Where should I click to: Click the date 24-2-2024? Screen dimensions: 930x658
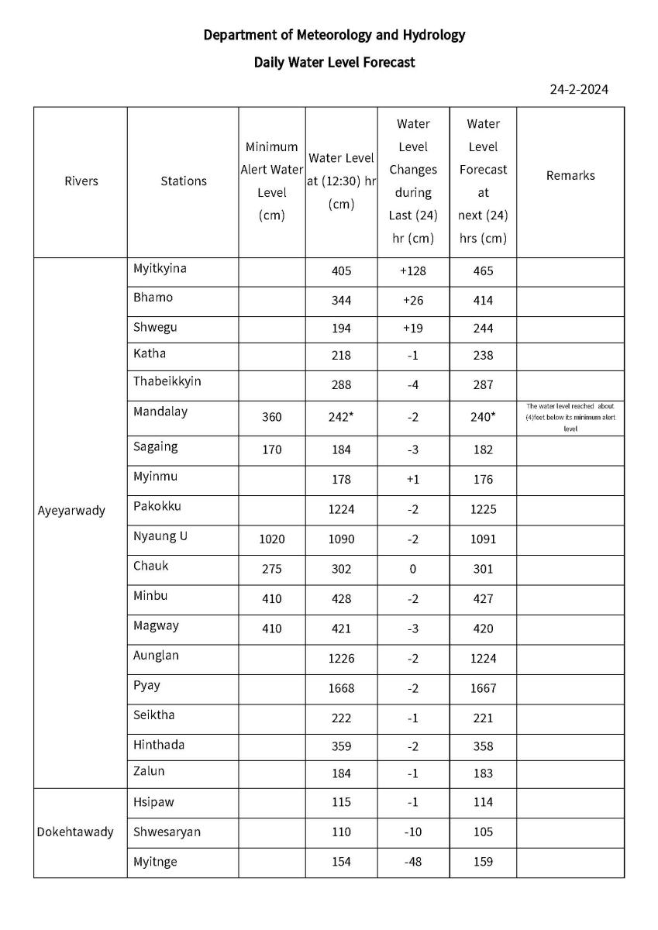(x=579, y=89)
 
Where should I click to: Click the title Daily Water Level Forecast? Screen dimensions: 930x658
(x=334, y=62)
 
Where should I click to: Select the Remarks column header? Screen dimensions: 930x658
(x=570, y=175)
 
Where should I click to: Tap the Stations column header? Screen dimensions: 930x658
(x=184, y=181)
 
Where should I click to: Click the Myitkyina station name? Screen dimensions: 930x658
(x=160, y=268)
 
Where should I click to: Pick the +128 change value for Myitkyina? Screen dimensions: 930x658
(x=412, y=271)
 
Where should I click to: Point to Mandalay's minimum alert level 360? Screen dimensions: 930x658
(x=271, y=417)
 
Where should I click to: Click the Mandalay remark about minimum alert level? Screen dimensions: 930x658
(x=570, y=417)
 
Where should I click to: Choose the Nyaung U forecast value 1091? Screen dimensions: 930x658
(x=483, y=539)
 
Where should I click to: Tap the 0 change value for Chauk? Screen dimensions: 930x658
(x=412, y=568)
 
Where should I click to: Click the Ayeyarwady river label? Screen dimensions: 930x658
(x=71, y=511)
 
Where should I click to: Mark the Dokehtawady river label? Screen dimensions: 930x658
(x=75, y=832)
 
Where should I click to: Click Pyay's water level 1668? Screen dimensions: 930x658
(x=340, y=687)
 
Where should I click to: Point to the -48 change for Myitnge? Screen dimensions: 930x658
(x=412, y=861)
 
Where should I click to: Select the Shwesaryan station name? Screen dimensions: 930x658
(x=167, y=832)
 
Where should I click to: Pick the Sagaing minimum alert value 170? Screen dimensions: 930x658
(x=271, y=449)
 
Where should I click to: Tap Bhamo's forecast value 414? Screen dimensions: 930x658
(x=483, y=301)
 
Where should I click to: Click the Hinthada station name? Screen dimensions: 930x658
(x=159, y=745)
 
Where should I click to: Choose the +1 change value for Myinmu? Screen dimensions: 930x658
(x=412, y=480)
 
